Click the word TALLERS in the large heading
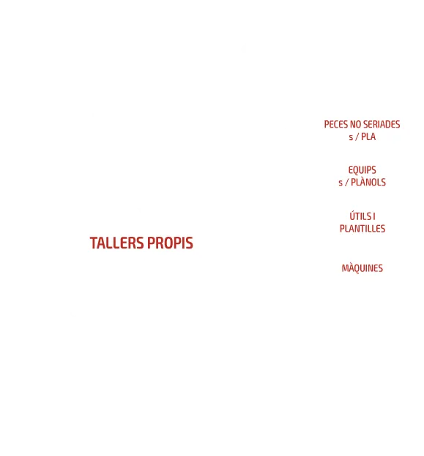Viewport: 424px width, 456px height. (116, 243)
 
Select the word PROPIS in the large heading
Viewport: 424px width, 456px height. (170, 243)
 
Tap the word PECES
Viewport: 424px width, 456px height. (336, 124)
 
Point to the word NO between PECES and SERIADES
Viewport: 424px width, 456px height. (355, 124)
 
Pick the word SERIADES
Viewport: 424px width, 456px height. (382, 124)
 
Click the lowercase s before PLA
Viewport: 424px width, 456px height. (351, 137)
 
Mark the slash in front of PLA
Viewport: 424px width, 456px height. (357, 136)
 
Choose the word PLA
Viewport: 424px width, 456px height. (368, 136)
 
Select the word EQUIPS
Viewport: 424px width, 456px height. (362, 170)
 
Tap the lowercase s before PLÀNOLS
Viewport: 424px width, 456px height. (341, 183)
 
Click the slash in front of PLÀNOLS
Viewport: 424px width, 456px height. (346, 183)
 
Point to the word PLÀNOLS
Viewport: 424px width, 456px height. (368, 182)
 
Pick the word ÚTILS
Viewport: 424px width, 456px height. (360, 216)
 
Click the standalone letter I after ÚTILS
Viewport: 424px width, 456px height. (374, 216)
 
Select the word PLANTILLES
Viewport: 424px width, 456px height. (362, 229)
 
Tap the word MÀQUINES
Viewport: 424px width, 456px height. (362, 268)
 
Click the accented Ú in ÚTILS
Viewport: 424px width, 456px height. (353, 216)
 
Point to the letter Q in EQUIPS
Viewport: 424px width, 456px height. (356, 170)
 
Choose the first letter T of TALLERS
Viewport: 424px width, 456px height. (94, 243)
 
